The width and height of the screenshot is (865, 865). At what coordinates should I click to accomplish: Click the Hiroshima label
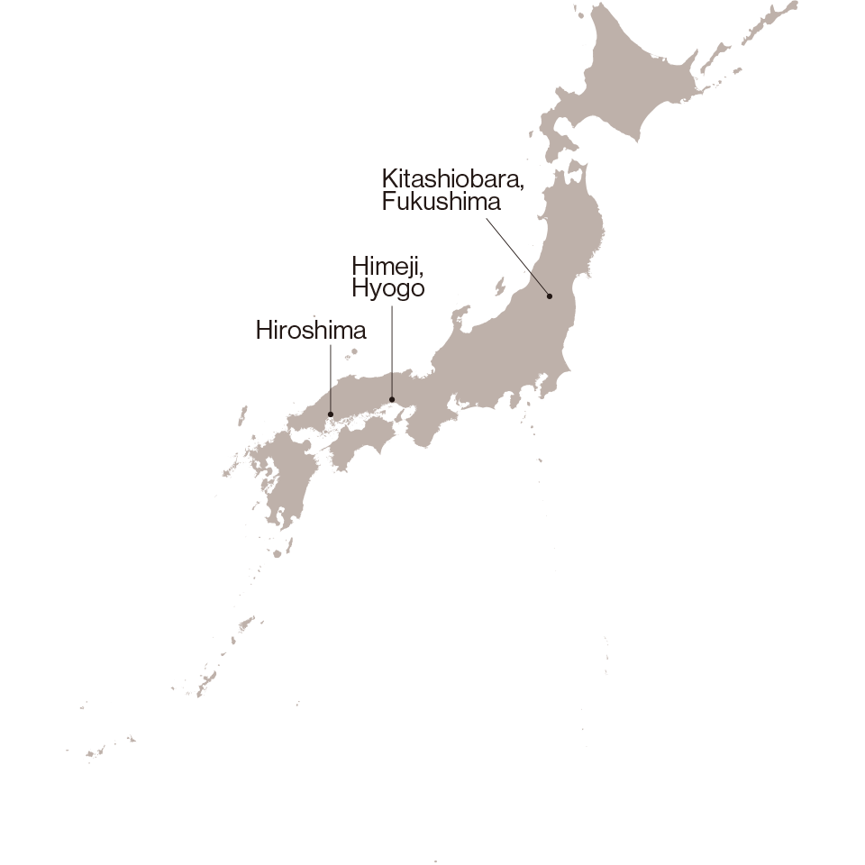pyautogui.click(x=311, y=332)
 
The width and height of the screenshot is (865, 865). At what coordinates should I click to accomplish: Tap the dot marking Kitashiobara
pyautogui.click(x=549, y=296)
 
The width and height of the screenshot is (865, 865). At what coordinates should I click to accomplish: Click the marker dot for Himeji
pyautogui.click(x=392, y=399)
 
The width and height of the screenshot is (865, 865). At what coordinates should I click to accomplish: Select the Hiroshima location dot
pyautogui.click(x=332, y=414)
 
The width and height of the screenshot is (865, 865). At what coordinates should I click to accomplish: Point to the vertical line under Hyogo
pyautogui.click(x=392, y=351)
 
